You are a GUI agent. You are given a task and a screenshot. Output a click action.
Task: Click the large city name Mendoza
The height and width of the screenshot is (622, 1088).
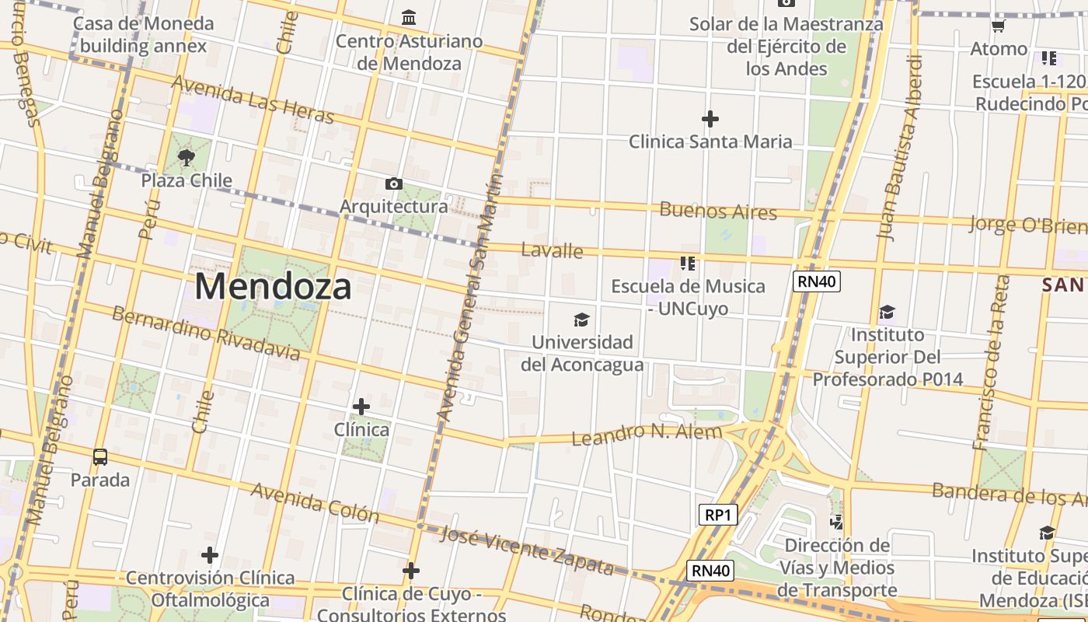coord(273,286)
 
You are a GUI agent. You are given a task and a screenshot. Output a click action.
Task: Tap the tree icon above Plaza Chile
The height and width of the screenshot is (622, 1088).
coord(186,159)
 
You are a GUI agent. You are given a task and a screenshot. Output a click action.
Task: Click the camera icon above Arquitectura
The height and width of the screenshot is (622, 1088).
coord(394,184)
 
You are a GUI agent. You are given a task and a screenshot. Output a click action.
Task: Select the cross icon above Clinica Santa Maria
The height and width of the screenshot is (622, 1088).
coord(710,119)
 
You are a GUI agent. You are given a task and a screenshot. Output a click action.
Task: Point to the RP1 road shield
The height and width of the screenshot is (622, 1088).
coord(717,515)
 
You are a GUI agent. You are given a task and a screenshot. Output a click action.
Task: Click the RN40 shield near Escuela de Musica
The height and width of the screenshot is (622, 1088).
coord(817,281)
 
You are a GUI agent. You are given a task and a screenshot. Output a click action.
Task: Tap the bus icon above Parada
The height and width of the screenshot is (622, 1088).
coord(100,457)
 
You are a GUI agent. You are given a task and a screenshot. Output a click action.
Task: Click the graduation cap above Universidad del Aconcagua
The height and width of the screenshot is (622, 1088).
coord(581,320)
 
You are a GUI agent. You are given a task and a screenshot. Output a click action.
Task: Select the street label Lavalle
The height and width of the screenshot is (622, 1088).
coord(552,250)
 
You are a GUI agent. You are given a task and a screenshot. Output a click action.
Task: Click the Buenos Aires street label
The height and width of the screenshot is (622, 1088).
coord(718,211)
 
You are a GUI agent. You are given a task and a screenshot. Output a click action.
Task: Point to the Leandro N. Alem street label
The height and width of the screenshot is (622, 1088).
coord(647,435)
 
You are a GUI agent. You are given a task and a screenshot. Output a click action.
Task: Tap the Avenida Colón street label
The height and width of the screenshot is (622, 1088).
coord(315,502)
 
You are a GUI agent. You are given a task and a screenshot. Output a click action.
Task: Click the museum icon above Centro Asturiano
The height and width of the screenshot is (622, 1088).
coord(409,17)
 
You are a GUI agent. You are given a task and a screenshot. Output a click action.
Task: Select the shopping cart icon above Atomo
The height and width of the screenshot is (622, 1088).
coord(999,26)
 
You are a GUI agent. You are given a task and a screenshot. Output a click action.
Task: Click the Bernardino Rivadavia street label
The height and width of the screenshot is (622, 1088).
coord(205,334)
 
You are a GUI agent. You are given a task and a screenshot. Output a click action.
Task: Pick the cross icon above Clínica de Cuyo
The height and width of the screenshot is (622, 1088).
coord(411,571)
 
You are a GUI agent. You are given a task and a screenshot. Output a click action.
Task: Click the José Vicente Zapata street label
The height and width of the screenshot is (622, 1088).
coord(527,550)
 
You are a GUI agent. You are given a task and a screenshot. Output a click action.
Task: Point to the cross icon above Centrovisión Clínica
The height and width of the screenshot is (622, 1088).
coord(209,555)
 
